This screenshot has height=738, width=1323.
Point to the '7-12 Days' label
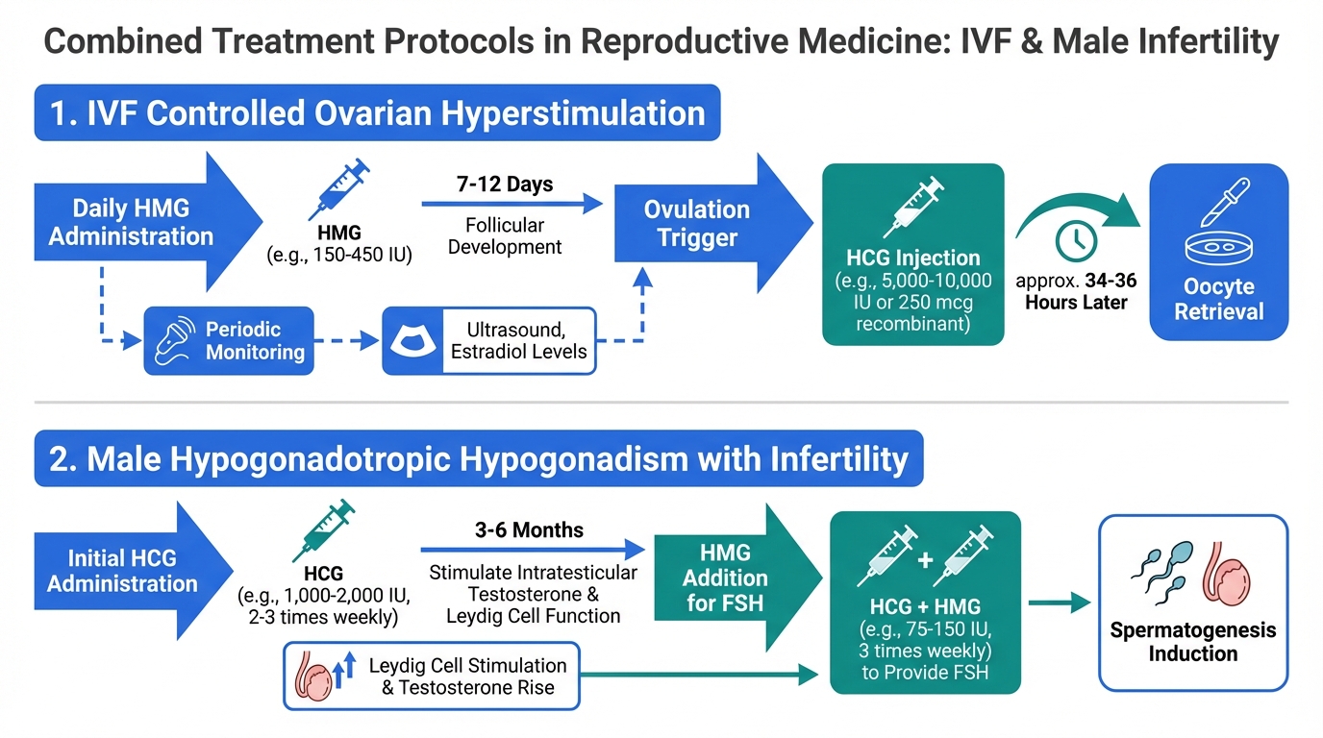(x=505, y=184)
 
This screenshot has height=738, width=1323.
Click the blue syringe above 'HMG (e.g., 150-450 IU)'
(x=342, y=187)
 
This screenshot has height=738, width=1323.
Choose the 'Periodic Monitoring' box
(x=229, y=341)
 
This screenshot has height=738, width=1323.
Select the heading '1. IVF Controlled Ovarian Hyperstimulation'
(x=377, y=113)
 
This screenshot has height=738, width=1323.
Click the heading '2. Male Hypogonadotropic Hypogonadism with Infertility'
(x=478, y=459)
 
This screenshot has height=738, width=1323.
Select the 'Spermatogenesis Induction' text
(x=1192, y=642)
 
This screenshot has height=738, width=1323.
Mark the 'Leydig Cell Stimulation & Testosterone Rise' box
(x=432, y=676)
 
